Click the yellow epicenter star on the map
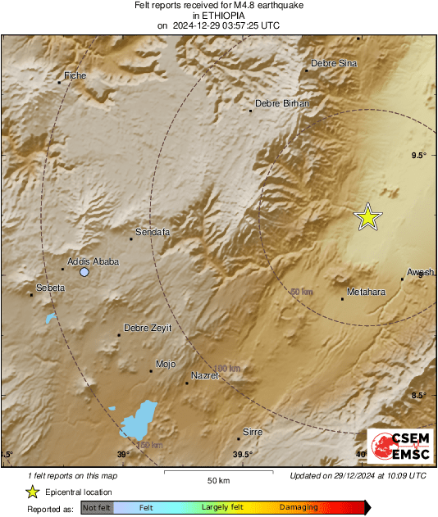pos(368,216)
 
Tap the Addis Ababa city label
pos(93,261)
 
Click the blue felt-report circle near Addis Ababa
pos(84,272)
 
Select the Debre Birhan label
pos(280,103)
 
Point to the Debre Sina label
pos(334,63)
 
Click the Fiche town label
pos(75,75)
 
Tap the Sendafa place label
pos(152,233)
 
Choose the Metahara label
pos(367,291)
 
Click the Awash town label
pos(420,272)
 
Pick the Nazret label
pos(204,375)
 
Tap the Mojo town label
pos(165,364)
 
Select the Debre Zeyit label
pos(148,328)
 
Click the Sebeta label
pos(51,288)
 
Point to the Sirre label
pos(253,431)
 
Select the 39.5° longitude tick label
pos(242,455)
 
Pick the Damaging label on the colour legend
pos(298,508)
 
